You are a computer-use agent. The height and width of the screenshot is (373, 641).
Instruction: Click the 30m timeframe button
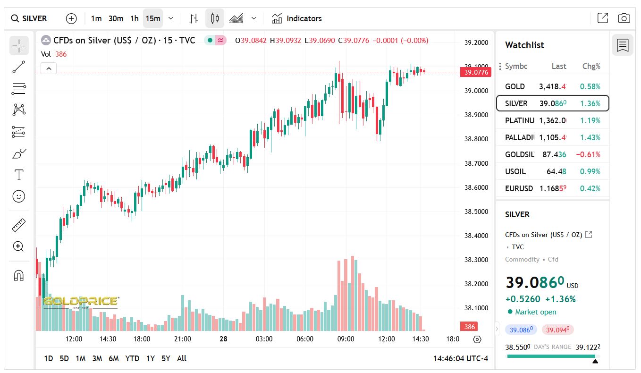coord(116,18)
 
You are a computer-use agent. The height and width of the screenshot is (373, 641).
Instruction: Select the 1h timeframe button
coord(135,18)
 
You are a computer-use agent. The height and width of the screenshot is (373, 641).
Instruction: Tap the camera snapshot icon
coord(624,18)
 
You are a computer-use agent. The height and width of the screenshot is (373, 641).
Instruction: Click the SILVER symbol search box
coord(29,18)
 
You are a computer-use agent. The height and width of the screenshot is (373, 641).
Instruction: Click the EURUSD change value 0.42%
coord(591,188)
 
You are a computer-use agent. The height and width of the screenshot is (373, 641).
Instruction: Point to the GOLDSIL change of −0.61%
coord(588,154)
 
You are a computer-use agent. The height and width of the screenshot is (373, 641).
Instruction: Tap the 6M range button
coord(113,358)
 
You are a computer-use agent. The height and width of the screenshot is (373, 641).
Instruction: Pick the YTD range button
coord(132,358)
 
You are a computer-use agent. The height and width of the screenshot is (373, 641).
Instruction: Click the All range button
coord(182,358)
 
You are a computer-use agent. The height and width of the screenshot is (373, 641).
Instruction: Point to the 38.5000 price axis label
coord(476,212)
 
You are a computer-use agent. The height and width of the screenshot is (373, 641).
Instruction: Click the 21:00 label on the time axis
coord(183,339)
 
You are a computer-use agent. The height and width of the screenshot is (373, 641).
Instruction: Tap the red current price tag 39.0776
coord(476,72)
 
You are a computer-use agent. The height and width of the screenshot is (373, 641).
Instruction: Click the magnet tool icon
coord(19,275)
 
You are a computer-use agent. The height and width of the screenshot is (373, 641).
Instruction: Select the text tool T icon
coord(19,175)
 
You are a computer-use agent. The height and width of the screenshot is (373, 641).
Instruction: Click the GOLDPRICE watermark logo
coord(80,302)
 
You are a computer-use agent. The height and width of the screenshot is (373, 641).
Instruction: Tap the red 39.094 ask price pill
coord(557,330)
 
